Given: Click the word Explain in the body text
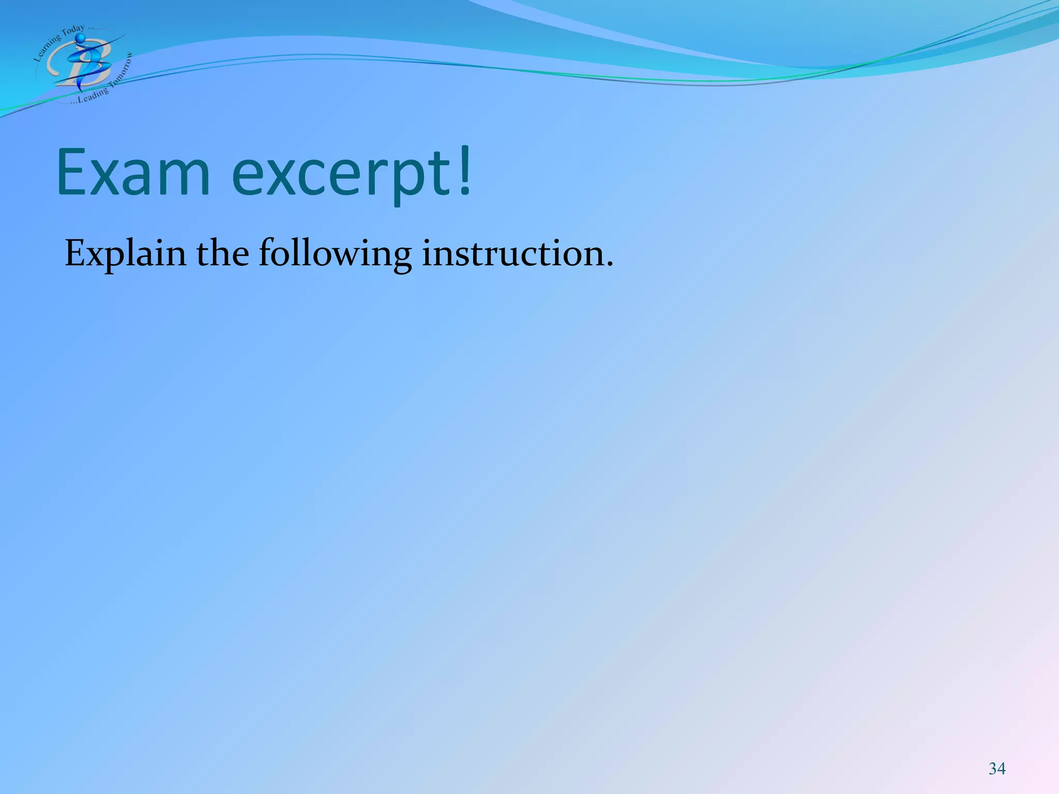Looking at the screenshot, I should click(x=125, y=254).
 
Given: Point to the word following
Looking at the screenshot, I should click(x=335, y=254).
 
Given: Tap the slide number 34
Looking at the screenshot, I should click(x=997, y=769).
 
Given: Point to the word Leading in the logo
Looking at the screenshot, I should click(x=93, y=95).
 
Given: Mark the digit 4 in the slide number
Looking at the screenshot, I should click(x=1002, y=769).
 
